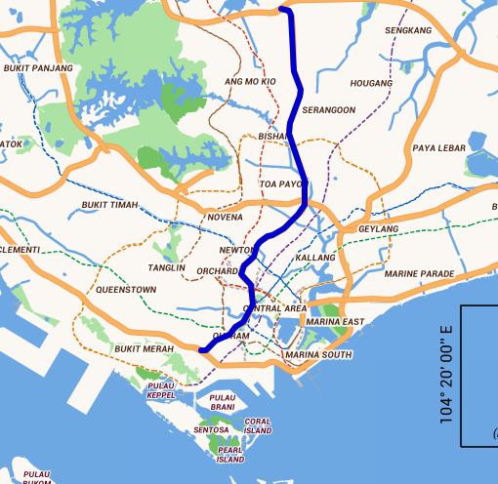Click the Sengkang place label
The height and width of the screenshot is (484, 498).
(408, 31)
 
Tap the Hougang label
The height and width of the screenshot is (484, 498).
(370, 84)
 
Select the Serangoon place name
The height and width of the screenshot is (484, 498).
(329, 110)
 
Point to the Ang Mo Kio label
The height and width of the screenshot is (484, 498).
(251, 82)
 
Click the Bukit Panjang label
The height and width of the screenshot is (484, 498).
(38, 68)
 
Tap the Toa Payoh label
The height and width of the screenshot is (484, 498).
(280, 183)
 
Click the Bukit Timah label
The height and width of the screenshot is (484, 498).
(109, 205)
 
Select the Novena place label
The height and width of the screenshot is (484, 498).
(226, 217)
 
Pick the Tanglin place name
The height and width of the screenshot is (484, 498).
(165, 266)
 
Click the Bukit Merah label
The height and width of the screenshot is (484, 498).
(144, 348)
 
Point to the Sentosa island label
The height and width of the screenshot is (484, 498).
(211, 429)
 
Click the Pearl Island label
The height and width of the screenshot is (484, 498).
(230, 454)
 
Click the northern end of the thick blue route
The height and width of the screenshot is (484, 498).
(283, 10)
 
